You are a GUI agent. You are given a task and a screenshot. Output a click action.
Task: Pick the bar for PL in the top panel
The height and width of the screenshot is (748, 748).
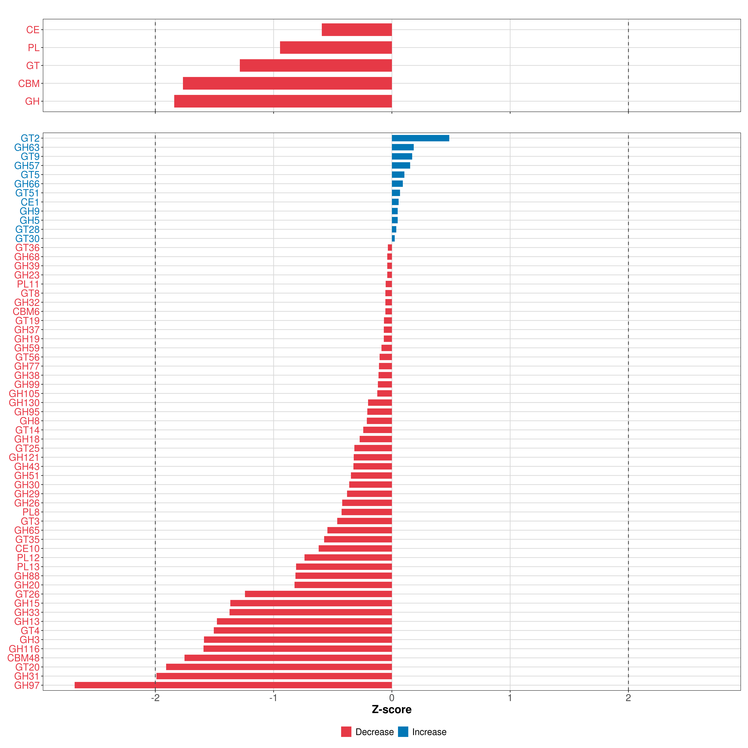click(336, 48)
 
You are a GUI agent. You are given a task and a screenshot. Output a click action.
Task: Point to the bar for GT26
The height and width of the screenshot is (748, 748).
click(318, 594)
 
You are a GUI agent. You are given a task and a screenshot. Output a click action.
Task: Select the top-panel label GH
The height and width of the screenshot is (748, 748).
click(32, 101)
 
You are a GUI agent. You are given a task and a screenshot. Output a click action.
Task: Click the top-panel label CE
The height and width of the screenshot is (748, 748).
click(33, 30)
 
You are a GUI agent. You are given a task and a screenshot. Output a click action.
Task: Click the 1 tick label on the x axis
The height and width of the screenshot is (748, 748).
click(510, 698)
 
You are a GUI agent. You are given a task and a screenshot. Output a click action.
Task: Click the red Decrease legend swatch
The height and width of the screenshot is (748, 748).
click(346, 732)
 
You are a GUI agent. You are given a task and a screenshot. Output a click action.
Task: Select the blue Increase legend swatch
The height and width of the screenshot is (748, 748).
click(403, 732)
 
